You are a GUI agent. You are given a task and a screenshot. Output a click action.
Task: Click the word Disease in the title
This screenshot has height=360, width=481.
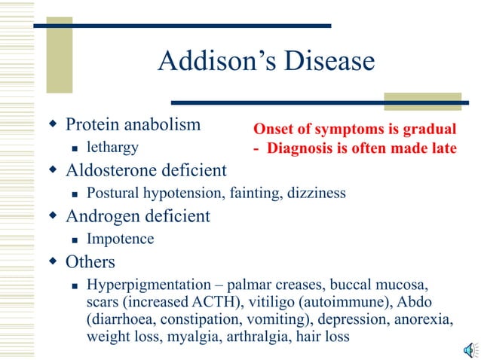point(329,61)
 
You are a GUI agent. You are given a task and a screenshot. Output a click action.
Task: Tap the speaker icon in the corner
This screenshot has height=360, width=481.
point(469,349)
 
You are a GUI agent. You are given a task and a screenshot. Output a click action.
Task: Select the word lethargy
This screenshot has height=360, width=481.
point(112,147)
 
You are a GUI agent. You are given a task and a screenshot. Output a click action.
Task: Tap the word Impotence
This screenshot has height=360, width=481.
point(121,239)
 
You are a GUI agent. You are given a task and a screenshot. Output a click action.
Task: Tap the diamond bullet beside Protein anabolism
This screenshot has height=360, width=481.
point(53,124)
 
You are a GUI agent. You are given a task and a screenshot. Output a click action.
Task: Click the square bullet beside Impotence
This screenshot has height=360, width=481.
point(74,240)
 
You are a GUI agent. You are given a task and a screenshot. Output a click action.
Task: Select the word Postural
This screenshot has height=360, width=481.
point(113,194)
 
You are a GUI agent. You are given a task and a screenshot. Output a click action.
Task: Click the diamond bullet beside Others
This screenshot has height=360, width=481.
point(53,263)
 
